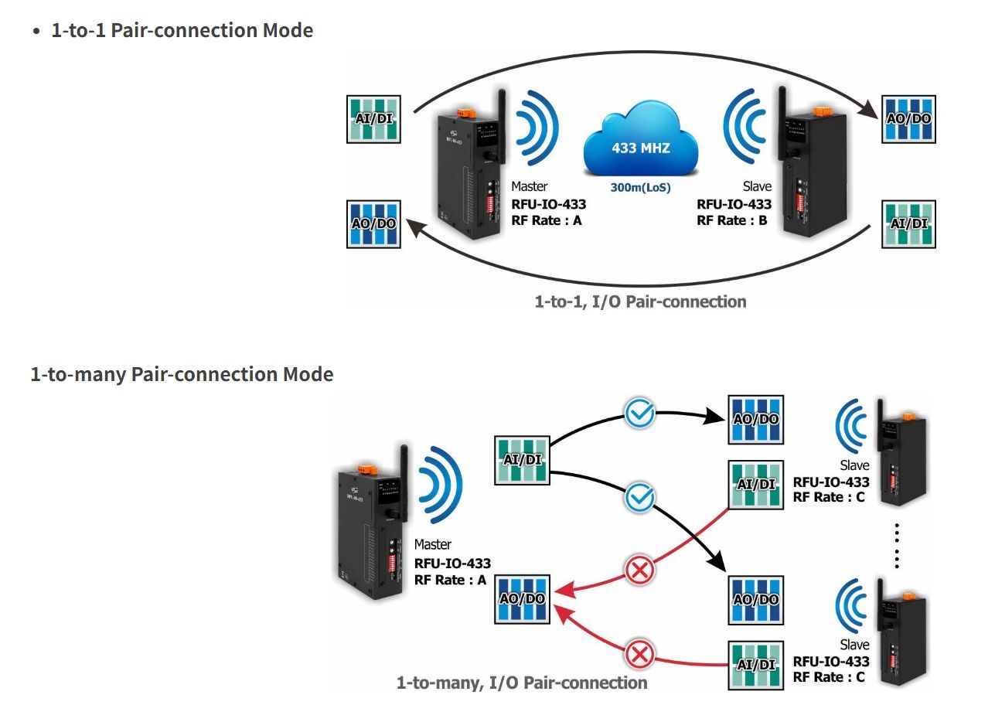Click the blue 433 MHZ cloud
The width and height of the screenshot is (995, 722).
pyautogui.click(x=641, y=146)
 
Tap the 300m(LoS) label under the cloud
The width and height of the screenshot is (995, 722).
pyautogui.click(x=640, y=187)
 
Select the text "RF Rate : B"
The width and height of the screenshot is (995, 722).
pyautogui.click(x=732, y=220)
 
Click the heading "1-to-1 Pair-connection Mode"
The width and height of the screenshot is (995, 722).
pyautogui.click(x=182, y=31)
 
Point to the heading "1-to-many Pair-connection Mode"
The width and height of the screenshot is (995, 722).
pyautogui.click(x=182, y=375)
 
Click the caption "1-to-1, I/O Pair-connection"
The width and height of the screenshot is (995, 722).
pyautogui.click(x=640, y=301)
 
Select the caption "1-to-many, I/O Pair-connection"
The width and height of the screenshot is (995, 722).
pyautogui.click(x=522, y=683)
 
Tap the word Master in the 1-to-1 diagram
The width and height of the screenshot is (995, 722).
pyautogui.click(x=530, y=186)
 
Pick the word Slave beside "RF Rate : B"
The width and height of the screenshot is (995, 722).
pyautogui.click(x=757, y=186)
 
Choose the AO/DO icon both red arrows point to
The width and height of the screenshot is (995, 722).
pyautogui.click(x=523, y=599)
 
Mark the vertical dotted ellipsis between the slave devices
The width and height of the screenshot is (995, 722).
pyautogui.click(x=897, y=545)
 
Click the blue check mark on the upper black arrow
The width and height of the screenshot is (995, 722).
pyautogui.click(x=639, y=413)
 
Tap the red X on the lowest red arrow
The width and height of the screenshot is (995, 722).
pyautogui.click(x=639, y=656)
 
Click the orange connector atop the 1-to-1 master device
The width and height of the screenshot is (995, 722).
pyautogui.click(x=464, y=113)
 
